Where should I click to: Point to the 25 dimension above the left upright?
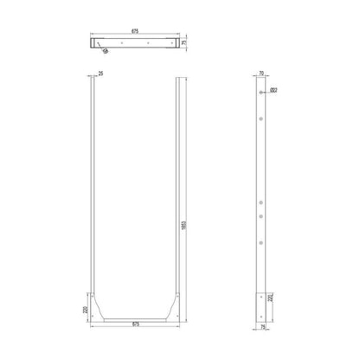(x=100, y=74)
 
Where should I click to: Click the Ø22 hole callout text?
(x=274, y=89)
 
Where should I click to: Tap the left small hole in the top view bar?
(x=121, y=42)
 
